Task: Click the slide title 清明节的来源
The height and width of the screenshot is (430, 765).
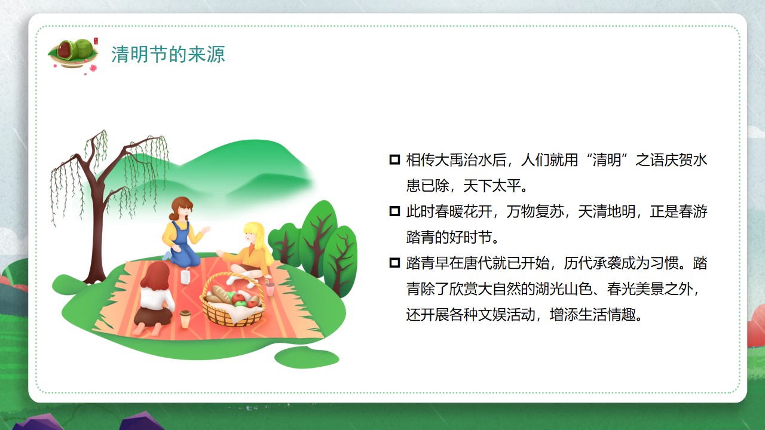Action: (168, 54)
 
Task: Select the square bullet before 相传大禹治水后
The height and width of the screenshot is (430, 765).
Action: (394, 159)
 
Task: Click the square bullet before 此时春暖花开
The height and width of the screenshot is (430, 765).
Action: (394, 211)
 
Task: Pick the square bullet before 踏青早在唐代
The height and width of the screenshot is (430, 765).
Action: (394, 263)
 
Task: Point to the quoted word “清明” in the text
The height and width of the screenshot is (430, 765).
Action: (607, 159)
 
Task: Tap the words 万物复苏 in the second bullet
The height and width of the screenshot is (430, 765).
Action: (535, 211)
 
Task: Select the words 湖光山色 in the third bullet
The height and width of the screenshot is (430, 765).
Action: (564, 288)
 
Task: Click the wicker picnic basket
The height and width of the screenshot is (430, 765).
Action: (233, 301)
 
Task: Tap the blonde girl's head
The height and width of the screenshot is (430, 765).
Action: (253, 234)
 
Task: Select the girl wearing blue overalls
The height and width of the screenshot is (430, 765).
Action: (183, 232)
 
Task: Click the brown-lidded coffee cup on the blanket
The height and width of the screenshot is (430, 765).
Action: (185, 319)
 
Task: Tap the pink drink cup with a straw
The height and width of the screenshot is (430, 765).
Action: (270, 288)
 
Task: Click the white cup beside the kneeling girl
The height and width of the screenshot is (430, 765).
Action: (185, 276)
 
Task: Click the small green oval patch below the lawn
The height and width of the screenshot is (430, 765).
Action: (307, 357)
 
